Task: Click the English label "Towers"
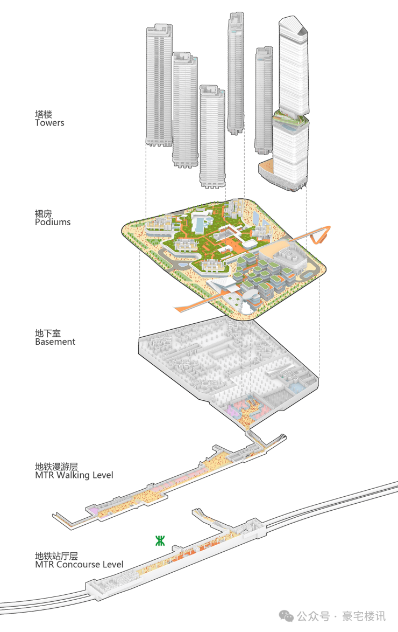(49, 123)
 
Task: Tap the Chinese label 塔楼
(44, 114)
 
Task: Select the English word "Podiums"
(53, 222)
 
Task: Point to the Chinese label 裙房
(44, 213)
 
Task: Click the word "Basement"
(55, 342)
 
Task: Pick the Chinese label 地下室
(47, 333)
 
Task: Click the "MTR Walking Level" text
(74, 475)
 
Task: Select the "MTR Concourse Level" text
(79, 565)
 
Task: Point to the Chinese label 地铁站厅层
(56, 556)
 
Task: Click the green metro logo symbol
(160, 541)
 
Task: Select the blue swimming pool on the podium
(201, 223)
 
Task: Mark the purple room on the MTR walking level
(93, 510)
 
